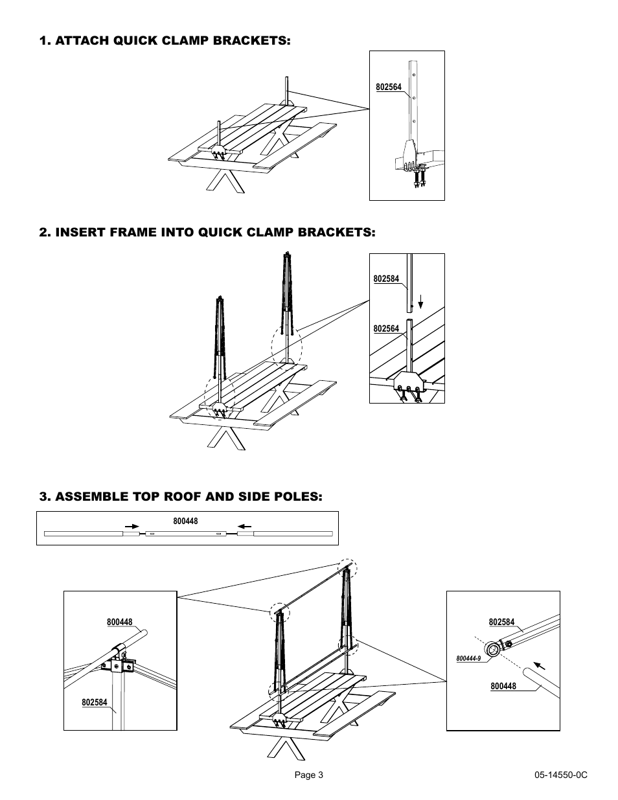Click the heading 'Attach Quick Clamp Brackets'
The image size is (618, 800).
(x=165, y=41)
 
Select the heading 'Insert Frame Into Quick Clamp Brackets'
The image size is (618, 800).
(x=207, y=231)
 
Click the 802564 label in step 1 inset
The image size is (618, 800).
(x=389, y=87)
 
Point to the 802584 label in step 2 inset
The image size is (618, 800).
(x=386, y=279)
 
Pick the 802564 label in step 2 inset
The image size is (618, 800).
(x=386, y=328)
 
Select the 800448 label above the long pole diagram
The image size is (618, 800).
(x=185, y=521)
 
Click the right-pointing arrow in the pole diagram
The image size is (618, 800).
(x=131, y=526)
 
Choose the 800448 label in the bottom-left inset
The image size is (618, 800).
(x=119, y=623)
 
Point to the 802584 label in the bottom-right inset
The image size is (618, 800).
(x=501, y=623)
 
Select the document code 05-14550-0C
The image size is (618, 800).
(x=560, y=775)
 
